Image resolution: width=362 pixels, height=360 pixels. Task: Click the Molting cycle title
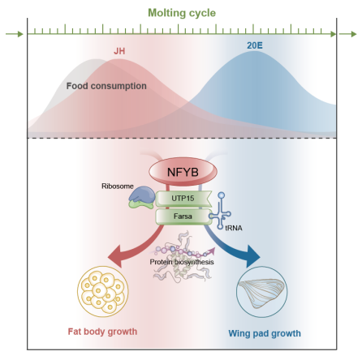pyautogui.click(x=182, y=13)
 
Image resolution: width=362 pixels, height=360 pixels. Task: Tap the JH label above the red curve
pyautogui.click(x=119, y=51)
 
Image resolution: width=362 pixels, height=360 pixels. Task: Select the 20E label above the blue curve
pyautogui.click(x=255, y=45)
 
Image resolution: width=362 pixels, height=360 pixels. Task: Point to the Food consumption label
pyautogui.click(x=106, y=86)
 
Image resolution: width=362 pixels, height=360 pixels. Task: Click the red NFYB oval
pyautogui.click(x=183, y=172)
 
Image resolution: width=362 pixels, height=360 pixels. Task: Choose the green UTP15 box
pyautogui.click(x=183, y=199)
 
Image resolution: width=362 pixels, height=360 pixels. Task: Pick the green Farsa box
pyautogui.click(x=183, y=216)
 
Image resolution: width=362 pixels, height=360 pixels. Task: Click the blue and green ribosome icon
pyautogui.click(x=141, y=198)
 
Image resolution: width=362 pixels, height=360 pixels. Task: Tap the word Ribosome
pyautogui.click(x=118, y=186)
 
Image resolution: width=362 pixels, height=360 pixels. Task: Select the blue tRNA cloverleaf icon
pyautogui.click(x=221, y=211)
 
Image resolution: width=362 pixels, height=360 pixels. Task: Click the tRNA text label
pyautogui.click(x=234, y=228)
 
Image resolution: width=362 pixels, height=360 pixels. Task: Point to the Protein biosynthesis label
pyautogui.click(x=182, y=262)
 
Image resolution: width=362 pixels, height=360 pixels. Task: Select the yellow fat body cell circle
pyautogui.click(x=103, y=291)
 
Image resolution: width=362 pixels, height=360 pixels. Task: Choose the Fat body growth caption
pyautogui.click(x=102, y=332)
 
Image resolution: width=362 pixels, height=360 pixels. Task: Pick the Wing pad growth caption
pyautogui.click(x=265, y=333)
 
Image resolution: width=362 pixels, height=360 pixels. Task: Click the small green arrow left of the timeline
pyautogui.click(x=15, y=34)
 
